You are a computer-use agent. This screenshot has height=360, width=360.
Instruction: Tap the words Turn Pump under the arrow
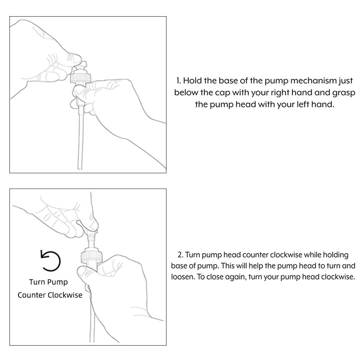coord(49,282)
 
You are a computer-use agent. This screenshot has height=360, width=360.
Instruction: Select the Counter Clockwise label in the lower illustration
coord(50,295)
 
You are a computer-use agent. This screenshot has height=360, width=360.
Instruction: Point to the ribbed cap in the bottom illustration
coord(92,256)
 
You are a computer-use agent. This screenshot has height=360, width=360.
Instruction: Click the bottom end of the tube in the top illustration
coord(80,168)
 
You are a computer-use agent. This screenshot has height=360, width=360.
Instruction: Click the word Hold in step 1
coord(193,81)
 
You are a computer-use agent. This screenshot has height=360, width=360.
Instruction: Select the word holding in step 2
coord(336,255)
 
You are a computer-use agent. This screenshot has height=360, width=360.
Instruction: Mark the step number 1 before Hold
coord(179,81)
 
